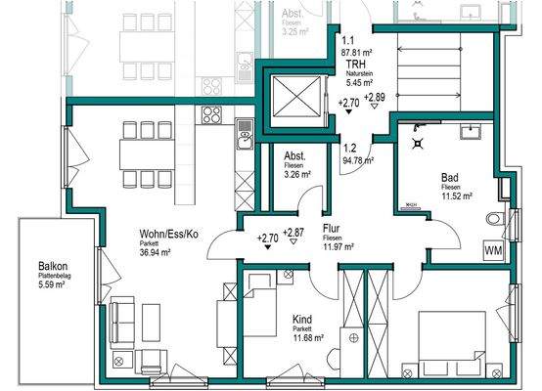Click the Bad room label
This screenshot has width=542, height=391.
click(450, 176)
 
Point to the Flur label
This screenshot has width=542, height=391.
click(331, 228)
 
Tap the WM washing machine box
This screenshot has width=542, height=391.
click(493, 250)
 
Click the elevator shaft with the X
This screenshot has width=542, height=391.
click(294, 97)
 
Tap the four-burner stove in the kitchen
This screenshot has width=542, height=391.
click(212, 115)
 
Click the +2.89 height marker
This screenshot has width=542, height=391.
click(375, 99)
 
